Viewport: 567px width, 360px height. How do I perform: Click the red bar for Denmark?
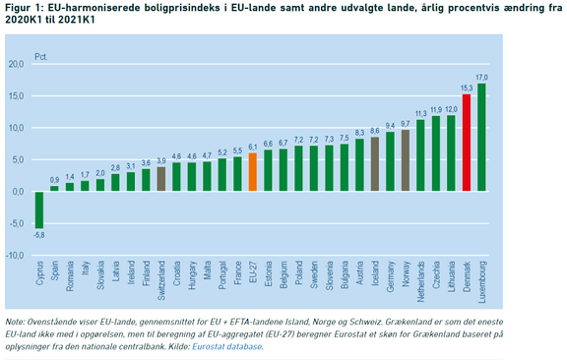[467, 143]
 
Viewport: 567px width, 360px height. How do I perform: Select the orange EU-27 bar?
[253, 172]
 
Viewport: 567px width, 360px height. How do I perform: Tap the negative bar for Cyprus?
[39, 210]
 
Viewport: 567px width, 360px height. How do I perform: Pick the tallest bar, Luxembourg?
[481, 138]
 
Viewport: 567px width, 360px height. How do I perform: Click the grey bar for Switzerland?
[161, 179]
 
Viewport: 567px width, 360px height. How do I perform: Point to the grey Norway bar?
[406, 160]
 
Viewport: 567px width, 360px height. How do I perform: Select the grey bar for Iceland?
[375, 164]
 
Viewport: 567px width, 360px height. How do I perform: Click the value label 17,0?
[481, 78]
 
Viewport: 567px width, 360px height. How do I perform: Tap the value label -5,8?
[38, 235]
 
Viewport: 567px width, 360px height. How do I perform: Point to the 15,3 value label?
[467, 89]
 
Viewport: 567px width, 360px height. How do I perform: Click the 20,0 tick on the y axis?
[17, 64]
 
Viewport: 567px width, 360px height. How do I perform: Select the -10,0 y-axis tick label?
[15, 256]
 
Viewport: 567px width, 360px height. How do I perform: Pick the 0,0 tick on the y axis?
[19, 192]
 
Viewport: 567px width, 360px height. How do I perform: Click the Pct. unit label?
[41, 57]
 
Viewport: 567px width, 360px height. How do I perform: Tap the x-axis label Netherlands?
[420, 281]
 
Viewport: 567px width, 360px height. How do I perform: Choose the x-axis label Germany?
[390, 276]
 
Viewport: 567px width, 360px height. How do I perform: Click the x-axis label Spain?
[54, 270]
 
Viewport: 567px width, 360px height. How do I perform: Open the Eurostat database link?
[226, 346]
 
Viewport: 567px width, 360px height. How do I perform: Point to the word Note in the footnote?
[15, 322]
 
